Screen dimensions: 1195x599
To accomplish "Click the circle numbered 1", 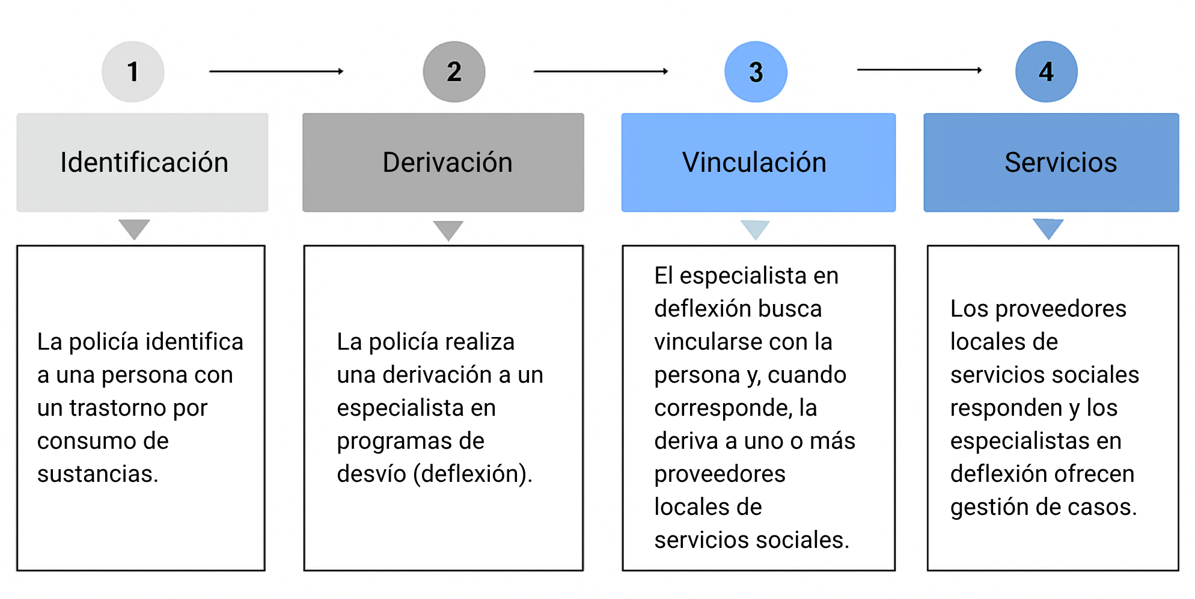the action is click(x=133, y=71).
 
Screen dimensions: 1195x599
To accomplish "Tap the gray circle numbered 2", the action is click(x=454, y=71).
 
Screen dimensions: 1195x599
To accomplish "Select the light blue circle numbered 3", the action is click(x=756, y=71).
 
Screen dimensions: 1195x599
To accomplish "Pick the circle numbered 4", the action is click(x=1046, y=71).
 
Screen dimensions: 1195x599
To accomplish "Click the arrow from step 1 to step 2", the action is click(x=277, y=71).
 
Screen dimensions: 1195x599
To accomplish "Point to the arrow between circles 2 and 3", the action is click(x=601, y=71).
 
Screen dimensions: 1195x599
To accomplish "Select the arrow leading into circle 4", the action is click(x=920, y=70).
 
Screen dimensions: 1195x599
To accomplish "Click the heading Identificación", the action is click(x=144, y=162).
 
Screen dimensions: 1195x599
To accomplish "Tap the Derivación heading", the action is click(x=447, y=162).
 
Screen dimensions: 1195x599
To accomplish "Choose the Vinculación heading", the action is click(x=754, y=162).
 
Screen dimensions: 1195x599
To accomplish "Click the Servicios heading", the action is click(x=1060, y=162).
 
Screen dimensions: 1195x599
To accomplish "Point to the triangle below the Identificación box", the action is click(x=134, y=229).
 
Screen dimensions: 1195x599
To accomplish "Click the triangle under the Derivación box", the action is click(x=448, y=230).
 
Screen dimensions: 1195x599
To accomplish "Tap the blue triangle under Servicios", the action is click(x=1048, y=229).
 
